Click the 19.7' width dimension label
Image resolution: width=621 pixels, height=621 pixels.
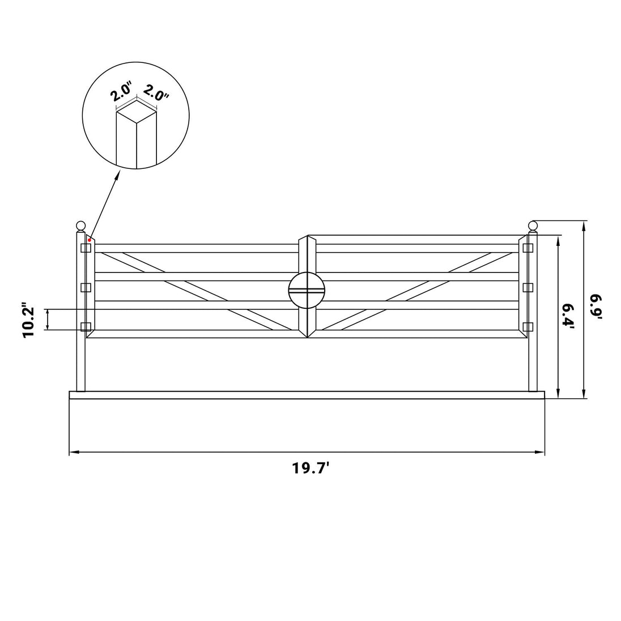click(x=311, y=468)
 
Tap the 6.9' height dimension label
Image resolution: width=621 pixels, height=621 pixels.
click(x=596, y=307)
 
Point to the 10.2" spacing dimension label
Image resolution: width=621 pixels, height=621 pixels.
click(x=29, y=320)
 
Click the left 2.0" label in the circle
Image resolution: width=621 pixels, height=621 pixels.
click(x=121, y=92)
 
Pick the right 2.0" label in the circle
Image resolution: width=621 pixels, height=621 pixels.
click(x=156, y=93)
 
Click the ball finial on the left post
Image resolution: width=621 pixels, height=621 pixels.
click(x=81, y=227)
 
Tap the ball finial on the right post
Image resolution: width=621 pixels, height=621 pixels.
click(x=533, y=227)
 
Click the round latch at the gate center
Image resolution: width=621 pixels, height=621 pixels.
click(x=307, y=290)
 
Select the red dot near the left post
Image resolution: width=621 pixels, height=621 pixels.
click(x=90, y=240)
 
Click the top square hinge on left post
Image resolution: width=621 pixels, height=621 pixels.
click(x=86, y=248)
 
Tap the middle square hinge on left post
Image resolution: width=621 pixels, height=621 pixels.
click(x=86, y=287)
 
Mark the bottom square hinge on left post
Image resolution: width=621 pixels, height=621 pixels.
click(x=86, y=327)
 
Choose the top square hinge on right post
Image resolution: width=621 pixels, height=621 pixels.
click(x=528, y=248)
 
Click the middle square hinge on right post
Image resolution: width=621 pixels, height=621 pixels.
click(x=528, y=287)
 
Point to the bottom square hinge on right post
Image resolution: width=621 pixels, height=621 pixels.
click(x=528, y=327)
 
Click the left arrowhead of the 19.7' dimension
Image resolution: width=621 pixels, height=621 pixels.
click(x=74, y=452)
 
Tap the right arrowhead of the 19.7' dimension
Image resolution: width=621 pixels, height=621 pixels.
click(x=539, y=452)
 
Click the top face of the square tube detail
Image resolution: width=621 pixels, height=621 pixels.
click(x=136, y=112)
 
